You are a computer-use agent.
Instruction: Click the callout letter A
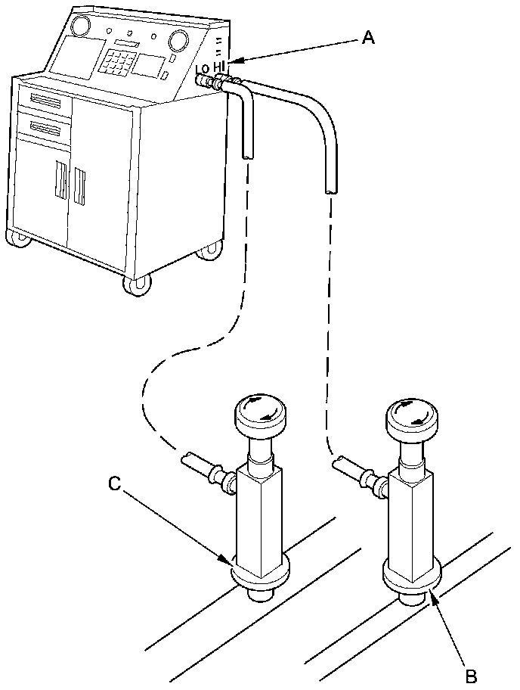[x=368, y=38]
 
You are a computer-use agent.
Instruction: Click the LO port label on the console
[x=202, y=69]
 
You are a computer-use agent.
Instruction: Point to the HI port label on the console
[x=220, y=67]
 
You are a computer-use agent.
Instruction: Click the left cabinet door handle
[x=59, y=183]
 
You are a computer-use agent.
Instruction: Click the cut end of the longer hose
[x=331, y=190]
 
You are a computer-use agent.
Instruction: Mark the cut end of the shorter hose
[x=247, y=154]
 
